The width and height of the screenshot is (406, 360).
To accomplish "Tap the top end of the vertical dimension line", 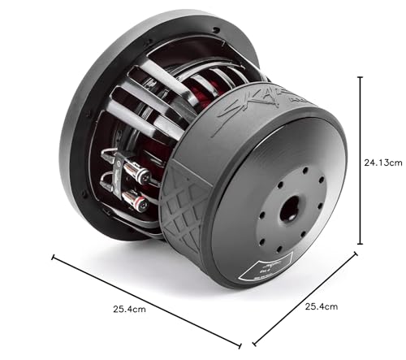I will tap(360, 76).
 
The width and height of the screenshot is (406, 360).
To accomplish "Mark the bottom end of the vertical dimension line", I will tap(360, 245).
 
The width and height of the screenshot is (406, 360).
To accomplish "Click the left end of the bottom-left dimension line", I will tap(54, 258).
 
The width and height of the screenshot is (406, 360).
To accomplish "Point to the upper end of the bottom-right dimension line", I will tap(355, 254).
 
